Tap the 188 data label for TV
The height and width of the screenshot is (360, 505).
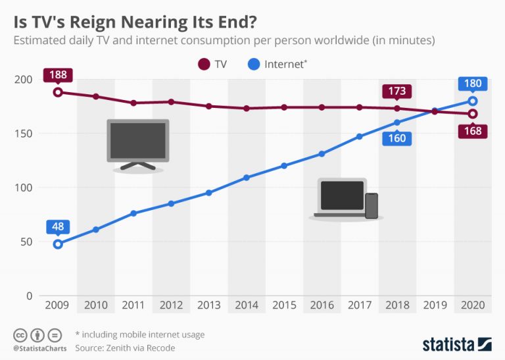pos(58,74)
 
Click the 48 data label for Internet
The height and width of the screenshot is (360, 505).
pos(58,226)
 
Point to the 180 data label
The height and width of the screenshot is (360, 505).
pos(472,83)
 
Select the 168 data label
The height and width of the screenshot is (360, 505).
pos(472,131)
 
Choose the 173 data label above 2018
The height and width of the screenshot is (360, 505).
pos(397,91)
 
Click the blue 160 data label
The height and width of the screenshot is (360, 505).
pos(397,138)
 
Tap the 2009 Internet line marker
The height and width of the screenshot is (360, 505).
pos(58,244)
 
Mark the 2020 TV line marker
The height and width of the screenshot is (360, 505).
pos(472,114)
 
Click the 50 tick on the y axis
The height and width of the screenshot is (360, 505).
pos(26,242)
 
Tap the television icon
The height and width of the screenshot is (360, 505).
pos(138,145)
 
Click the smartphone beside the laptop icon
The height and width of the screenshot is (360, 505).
pos(372,205)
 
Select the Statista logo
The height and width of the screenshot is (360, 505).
pos(456,343)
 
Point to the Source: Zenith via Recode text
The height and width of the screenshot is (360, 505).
pos(125,348)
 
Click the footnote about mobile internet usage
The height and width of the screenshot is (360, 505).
pos(139,335)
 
